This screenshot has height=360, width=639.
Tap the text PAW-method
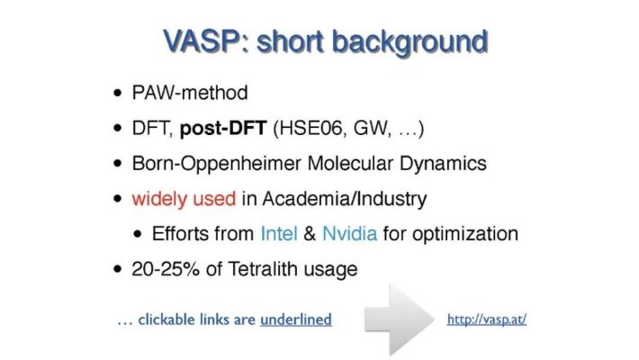(x=189, y=93)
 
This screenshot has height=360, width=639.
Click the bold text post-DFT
(x=223, y=128)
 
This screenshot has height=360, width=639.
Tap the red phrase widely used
(x=184, y=198)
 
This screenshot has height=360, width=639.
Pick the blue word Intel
(x=278, y=233)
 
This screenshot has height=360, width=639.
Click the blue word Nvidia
(x=350, y=233)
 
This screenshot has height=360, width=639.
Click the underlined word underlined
(x=295, y=319)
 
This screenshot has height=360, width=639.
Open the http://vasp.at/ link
(x=486, y=319)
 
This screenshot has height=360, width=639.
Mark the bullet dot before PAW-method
(x=119, y=94)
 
